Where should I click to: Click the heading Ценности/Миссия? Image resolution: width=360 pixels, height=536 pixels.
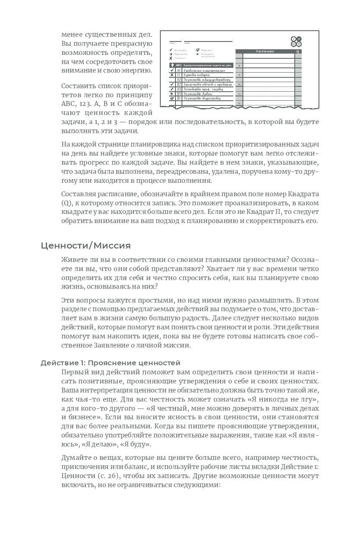pos(86,246)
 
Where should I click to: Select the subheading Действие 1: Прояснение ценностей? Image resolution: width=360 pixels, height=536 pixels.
pos(110,362)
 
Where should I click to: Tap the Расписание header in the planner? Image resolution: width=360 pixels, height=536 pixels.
pos(265,51)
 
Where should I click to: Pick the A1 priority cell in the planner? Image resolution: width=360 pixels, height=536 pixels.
pos(178,70)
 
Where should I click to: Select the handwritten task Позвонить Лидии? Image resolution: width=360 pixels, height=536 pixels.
pos(198,93)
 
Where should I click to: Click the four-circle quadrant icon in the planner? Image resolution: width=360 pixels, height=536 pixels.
pos(296,41)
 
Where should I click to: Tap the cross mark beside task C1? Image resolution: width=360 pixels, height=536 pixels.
pos(172,75)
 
